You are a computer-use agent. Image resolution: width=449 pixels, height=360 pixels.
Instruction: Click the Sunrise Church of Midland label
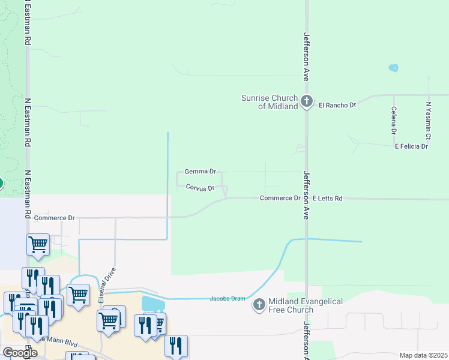click(270, 102)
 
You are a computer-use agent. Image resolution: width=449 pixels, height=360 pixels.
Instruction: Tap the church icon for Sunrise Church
click(307, 101)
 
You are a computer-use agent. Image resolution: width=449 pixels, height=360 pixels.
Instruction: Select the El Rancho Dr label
click(337, 105)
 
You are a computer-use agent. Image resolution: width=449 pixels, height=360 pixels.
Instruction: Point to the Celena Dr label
click(394, 120)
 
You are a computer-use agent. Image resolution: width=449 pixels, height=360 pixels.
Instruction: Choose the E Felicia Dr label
click(411, 146)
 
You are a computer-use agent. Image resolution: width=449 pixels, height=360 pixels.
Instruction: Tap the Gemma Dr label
click(200, 172)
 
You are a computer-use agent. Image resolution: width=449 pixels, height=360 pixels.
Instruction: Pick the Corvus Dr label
click(200, 188)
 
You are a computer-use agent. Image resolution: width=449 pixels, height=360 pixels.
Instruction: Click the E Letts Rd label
click(327, 198)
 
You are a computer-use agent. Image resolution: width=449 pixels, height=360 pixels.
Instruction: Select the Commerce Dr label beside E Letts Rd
click(280, 198)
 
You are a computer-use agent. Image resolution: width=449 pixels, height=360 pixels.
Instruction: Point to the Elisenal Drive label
click(110, 278)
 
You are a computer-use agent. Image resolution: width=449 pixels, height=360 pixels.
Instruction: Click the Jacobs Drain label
click(228, 299)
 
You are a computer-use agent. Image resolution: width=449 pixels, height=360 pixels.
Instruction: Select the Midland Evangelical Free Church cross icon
click(259, 305)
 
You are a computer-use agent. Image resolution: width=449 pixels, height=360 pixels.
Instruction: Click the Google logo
click(20, 353)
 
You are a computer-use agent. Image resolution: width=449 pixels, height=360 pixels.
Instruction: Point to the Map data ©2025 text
click(423, 355)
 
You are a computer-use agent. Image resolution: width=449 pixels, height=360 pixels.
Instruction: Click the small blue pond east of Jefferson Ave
click(393, 68)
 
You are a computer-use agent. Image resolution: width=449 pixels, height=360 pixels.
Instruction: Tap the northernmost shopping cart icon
click(38, 244)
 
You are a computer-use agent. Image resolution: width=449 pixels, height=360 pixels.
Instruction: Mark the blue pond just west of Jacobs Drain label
click(152, 304)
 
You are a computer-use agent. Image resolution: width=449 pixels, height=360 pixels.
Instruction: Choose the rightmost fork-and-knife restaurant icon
click(176, 345)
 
